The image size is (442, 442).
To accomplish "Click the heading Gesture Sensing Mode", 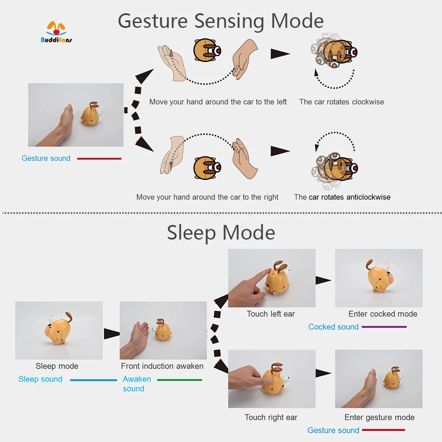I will [221, 21].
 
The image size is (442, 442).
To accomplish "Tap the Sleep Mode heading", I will [221, 232].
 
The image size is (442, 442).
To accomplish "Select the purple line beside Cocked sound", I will [384, 327].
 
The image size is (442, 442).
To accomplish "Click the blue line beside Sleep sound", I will [93, 380].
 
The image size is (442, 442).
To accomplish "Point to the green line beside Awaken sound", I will [179, 380].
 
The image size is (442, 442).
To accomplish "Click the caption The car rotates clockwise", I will [341, 102].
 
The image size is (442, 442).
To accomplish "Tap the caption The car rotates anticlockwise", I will [342, 197].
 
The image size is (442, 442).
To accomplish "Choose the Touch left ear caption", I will [271, 314].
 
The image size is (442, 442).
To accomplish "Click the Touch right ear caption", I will [271, 417].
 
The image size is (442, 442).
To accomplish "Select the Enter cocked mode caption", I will [383, 314].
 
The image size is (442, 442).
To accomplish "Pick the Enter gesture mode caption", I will [379, 417].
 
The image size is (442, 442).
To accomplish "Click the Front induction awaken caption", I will [162, 366].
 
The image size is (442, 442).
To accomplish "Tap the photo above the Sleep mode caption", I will [59, 330].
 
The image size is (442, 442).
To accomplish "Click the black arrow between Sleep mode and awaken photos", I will [111, 334].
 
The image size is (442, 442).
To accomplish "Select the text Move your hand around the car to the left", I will [218, 102].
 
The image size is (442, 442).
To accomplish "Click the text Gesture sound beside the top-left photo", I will [46, 158].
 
